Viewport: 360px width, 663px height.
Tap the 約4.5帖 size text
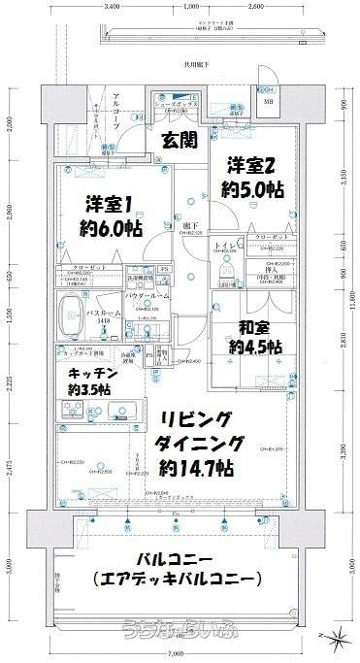tap(255, 347)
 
